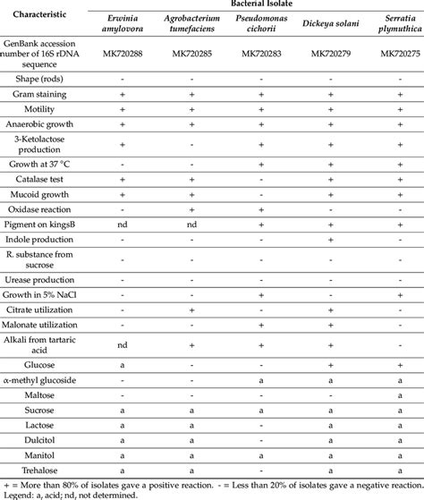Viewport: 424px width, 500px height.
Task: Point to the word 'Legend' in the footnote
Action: pyautogui.click(x=20, y=494)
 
